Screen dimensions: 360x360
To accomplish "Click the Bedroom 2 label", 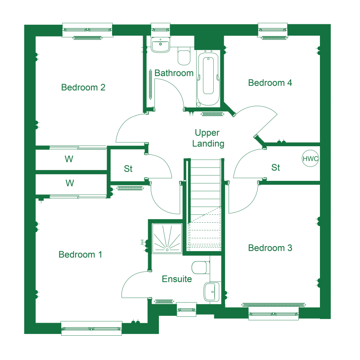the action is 83,87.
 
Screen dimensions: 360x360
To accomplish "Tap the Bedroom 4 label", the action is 270,83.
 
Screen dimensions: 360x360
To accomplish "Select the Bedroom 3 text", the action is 270,248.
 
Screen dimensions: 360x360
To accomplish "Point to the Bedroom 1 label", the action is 80,254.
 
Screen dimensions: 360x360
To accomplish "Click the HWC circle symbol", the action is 310,158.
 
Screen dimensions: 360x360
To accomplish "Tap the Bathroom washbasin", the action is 160,45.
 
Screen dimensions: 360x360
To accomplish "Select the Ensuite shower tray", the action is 167,238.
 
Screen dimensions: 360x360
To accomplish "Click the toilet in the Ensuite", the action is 200,267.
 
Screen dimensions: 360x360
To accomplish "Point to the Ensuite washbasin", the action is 211,292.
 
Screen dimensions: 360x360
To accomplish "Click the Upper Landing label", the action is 208,138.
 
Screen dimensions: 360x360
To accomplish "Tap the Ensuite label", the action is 177,279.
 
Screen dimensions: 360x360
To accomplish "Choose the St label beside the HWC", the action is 275,167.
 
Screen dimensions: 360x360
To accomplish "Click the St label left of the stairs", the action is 128,169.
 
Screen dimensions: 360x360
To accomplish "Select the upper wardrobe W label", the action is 69,159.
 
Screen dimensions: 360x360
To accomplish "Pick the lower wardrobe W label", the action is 70,183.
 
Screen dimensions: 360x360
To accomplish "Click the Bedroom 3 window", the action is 274,314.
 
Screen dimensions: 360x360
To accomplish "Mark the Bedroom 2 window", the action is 87,30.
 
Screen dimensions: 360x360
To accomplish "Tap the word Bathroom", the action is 174,73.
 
